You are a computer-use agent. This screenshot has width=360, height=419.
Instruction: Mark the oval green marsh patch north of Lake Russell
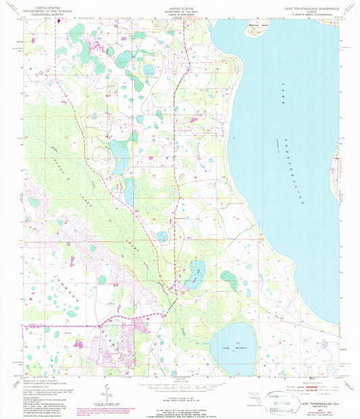[x=230, y=279]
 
